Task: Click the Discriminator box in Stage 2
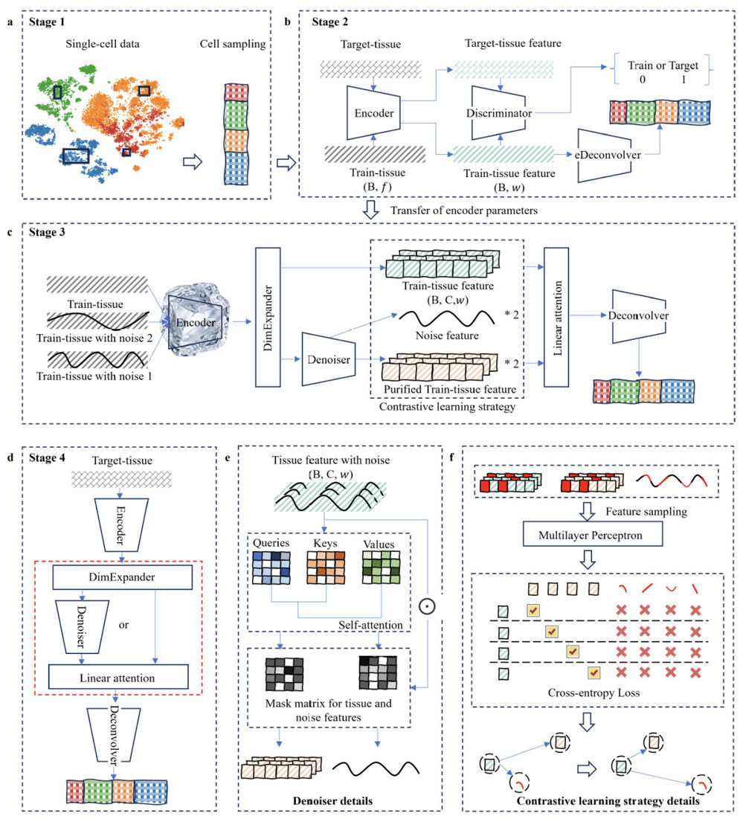point(498,113)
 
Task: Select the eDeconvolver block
point(605,155)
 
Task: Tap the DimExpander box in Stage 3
point(268,317)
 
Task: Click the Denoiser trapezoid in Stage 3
point(329,359)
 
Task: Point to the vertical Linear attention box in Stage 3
point(556,317)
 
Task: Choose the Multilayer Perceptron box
point(593,534)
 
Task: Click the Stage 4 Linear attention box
point(118,677)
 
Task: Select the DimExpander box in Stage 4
point(122,576)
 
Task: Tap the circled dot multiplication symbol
point(427,606)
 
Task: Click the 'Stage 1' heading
point(47,22)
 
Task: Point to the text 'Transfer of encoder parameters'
point(464,211)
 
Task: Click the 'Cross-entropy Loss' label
point(594,693)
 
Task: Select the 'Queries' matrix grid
point(271,568)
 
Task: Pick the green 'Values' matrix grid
point(381,568)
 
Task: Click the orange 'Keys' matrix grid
point(326,568)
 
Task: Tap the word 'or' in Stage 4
point(123,625)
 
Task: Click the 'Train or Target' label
point(663,65)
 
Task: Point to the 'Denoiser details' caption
point(332,800)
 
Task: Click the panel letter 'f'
point(451,457)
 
